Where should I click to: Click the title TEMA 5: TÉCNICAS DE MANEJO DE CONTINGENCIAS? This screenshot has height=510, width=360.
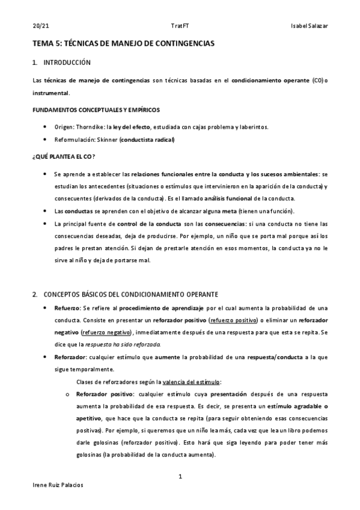coord(123,44)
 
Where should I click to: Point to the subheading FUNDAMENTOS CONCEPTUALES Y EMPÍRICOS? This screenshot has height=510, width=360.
coord(96,109)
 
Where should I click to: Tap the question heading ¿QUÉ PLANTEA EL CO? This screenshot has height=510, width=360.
coord(63,157)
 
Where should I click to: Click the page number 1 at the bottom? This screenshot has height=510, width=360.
coord(180,476)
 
